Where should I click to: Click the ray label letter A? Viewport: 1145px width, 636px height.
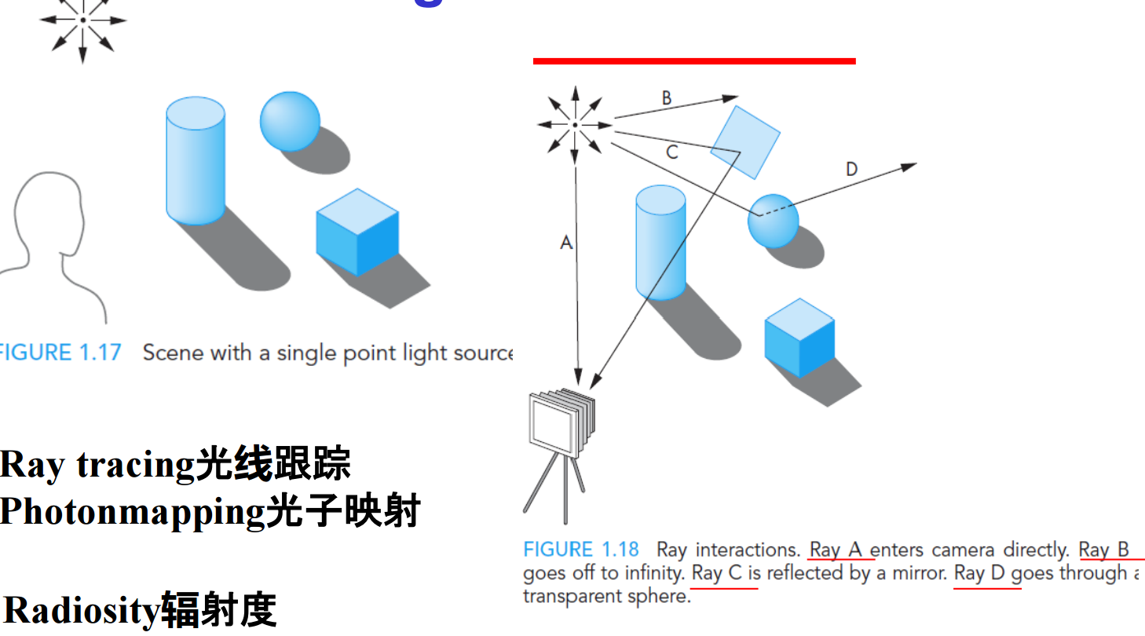pos(566,243)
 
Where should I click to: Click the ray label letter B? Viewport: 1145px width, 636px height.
pos(667,98)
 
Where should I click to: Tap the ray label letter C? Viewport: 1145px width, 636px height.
pos(671,152)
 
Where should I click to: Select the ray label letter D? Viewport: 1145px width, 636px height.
pos(852,169)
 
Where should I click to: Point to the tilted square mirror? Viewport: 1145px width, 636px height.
pos(744,142)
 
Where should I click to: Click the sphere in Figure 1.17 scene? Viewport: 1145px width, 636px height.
pos(289,121)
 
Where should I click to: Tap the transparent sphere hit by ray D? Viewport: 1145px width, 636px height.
pos(773,221)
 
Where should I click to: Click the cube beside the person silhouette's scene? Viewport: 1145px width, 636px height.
pos(357,232)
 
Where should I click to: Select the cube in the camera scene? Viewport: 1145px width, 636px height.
pos(799,338)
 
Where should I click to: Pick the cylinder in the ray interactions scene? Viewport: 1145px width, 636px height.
pos(660,242)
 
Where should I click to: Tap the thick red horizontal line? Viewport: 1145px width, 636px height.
pos(694,60)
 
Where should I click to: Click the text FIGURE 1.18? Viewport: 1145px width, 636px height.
pos(581,550)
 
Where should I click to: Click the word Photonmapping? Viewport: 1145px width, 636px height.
pos(132,512)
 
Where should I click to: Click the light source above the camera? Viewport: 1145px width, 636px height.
pos(575,124)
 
